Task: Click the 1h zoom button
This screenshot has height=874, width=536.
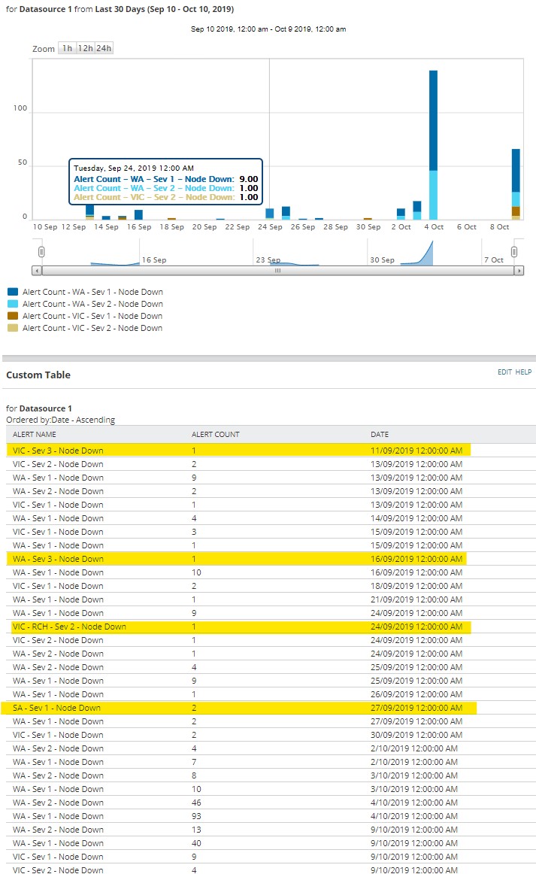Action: pos(67,48)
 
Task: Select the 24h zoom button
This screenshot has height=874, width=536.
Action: pos(104,48)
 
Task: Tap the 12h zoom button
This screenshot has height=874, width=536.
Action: pos(85,48)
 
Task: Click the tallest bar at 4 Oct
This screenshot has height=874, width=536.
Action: pos(433,120)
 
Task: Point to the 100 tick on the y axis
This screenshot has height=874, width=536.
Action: pos(20,108)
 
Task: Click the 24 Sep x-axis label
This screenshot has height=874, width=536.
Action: pos(270,226)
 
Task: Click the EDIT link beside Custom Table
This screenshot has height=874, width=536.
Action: pos(504,372)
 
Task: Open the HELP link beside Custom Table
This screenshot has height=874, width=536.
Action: pos(523,372)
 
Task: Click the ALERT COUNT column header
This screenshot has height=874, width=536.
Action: pos(216,435)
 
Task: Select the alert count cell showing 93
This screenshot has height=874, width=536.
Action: pos(197,816)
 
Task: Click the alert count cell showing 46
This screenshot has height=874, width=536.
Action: pos(197,803)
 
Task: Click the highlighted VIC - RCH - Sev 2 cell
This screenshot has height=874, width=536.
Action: pos(69,627)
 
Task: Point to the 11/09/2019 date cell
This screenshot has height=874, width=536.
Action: pos(416,451)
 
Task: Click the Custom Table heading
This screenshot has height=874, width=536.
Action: pos(38,375)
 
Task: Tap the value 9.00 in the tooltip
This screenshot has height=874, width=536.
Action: pos(247,179)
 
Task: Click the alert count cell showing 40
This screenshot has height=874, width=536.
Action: pos(197,843)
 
